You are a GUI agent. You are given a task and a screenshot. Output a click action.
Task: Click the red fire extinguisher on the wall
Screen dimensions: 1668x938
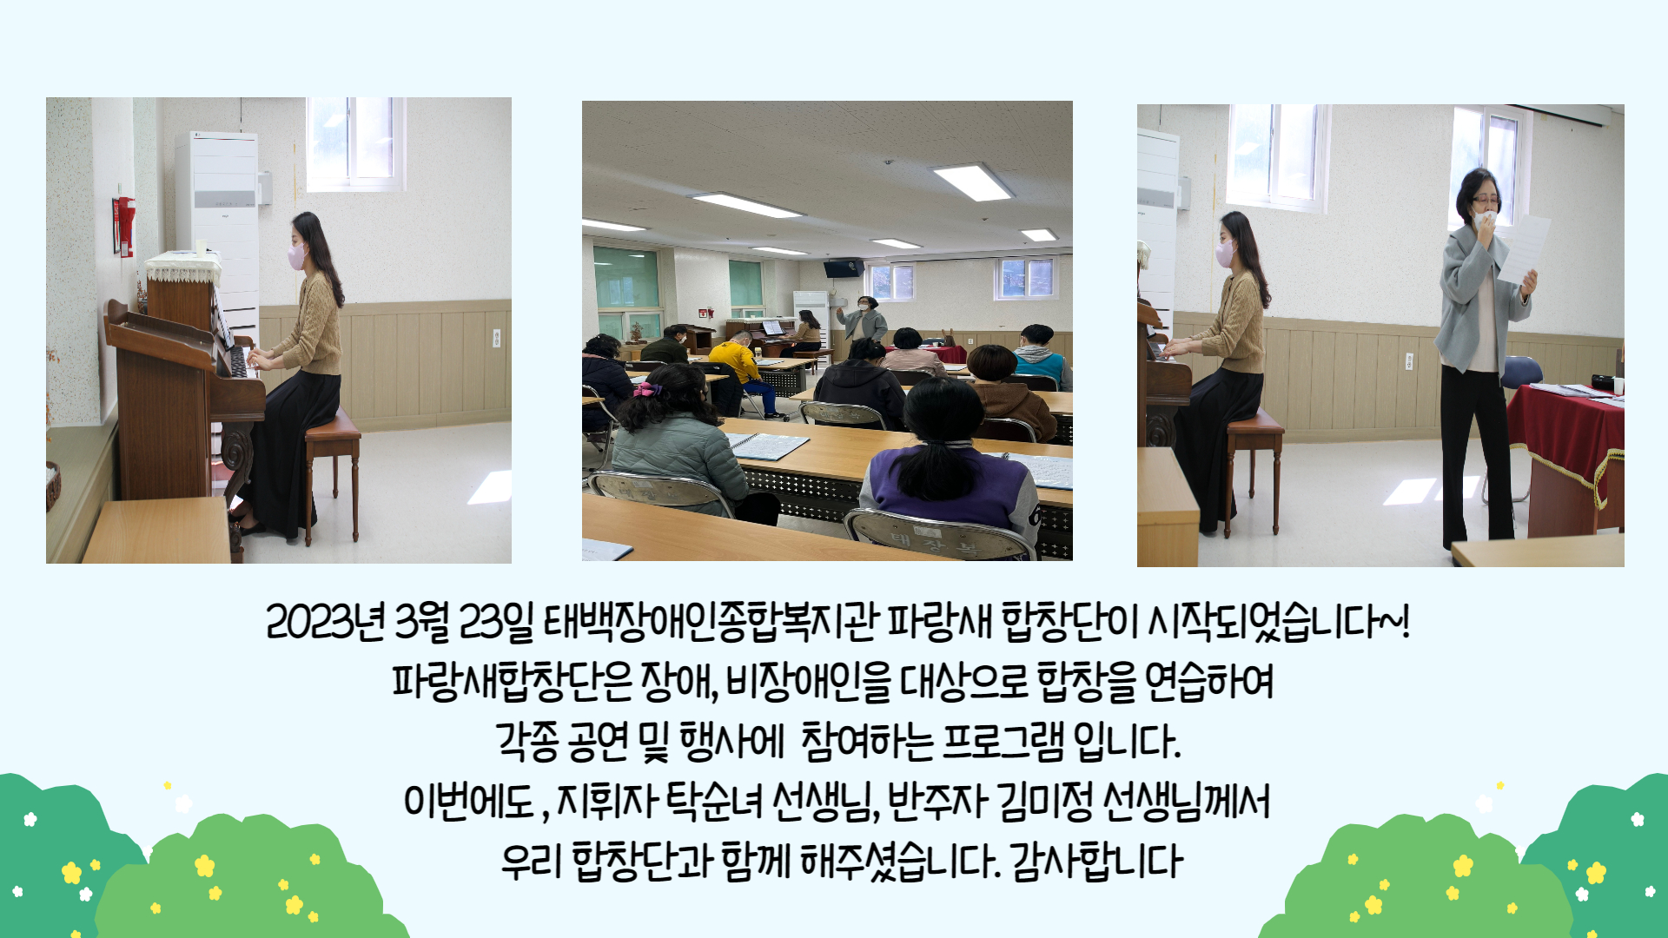[127, 227]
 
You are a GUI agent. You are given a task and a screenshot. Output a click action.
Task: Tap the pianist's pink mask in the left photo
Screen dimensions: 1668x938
[296, 255]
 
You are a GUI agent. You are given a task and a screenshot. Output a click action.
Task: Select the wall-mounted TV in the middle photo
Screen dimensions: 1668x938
[844, 268]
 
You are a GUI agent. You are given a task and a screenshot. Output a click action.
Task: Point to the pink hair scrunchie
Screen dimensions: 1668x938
[647, 389]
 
